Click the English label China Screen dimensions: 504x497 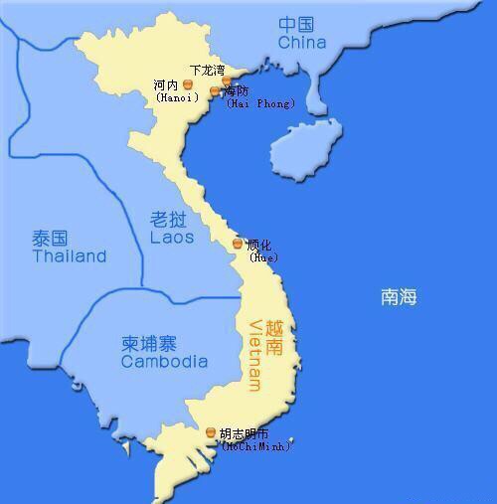tap(302, 43)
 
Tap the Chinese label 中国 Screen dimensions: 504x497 tap(296, 24)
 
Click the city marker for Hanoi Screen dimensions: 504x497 tap(186, 84)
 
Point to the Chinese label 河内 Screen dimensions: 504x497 tap(166, 84)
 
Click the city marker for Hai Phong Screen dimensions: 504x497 tap(214, 91)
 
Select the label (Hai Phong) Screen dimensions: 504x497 tap(260, 103)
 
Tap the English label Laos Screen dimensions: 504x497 tap(172, 239)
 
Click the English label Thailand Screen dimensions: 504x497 tap(69, 256)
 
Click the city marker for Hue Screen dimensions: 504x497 tap(237, 244)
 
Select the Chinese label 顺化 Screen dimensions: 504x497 tap(258, 245)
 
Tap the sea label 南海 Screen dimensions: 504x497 tap(399, 296)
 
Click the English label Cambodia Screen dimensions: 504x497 tap(164, 362)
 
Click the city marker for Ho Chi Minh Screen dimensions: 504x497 tap(210, 432)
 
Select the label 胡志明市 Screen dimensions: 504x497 tap(244, 433)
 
